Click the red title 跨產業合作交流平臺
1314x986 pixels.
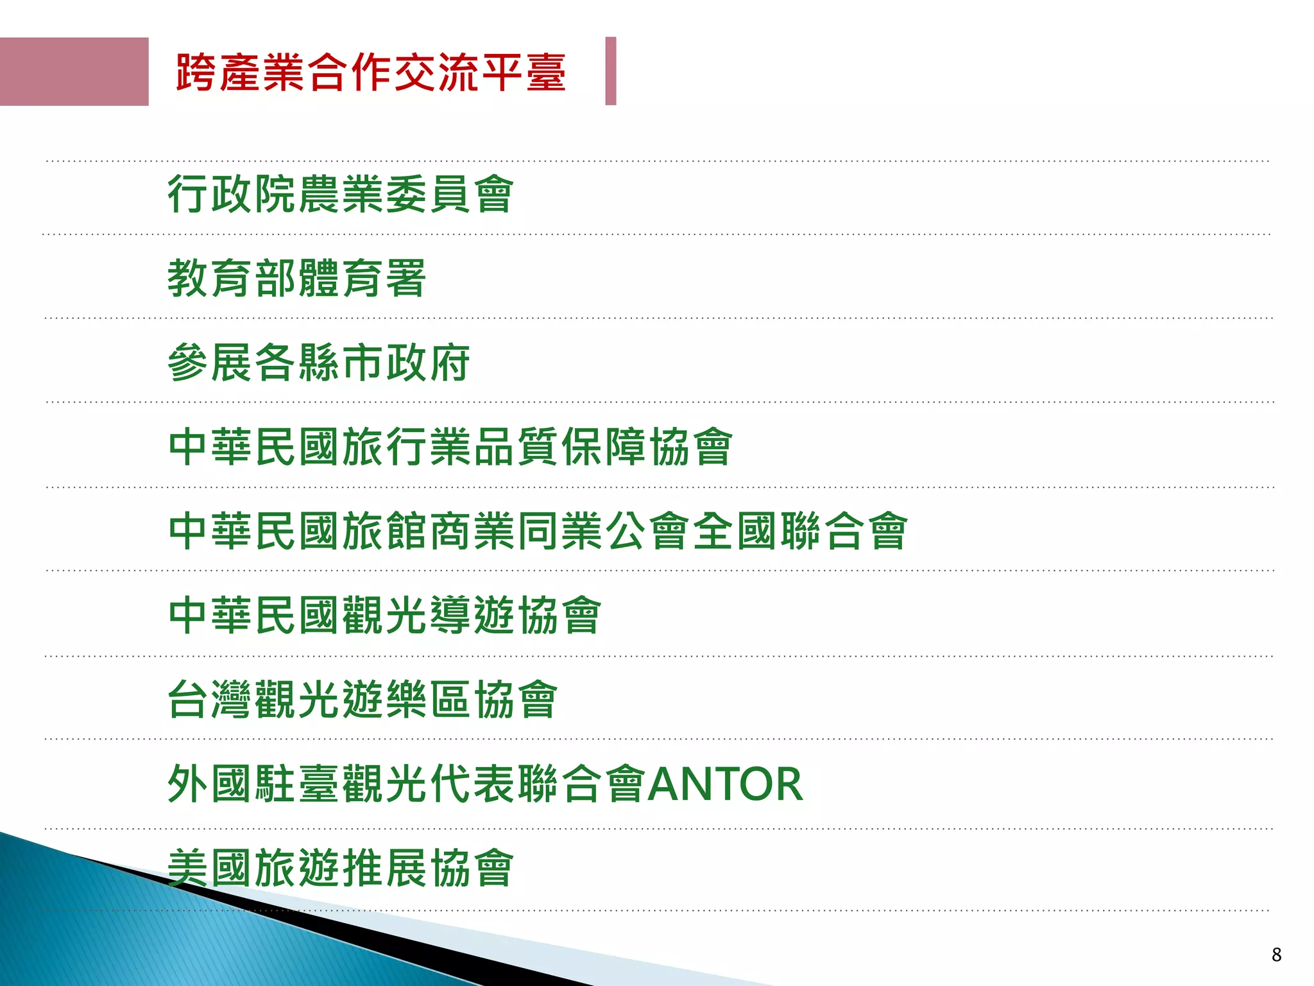click(x=371, y=73)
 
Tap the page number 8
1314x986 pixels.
click(x=1276, y=955)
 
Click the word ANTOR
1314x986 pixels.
click(x=725, y=784)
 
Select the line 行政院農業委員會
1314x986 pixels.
click(x=341, y=194)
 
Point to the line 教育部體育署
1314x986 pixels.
click(x=296, y=279)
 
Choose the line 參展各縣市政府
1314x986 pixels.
click(x=319, y=363)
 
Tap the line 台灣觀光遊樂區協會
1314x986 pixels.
click(x=363, y=699)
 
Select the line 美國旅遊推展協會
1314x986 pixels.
click(x=341, y=868)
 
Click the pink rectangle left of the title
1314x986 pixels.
click(x=74, y=71)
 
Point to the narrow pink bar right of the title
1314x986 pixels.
click(x=611, y=71)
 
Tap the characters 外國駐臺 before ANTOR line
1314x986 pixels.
click(x=253, y=784)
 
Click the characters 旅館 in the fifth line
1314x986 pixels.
click(x=385, y=531)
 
